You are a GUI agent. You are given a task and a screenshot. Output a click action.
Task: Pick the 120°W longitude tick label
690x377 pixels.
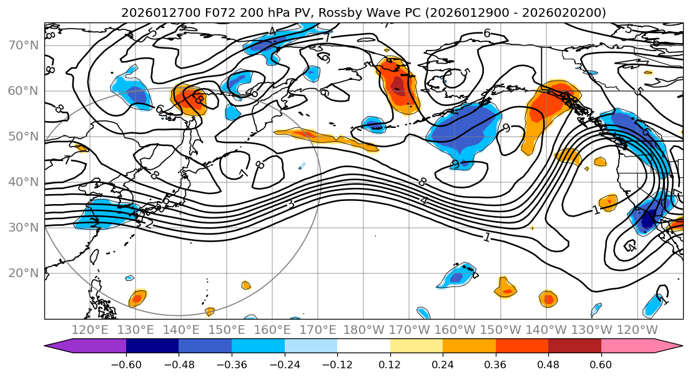(638, 330)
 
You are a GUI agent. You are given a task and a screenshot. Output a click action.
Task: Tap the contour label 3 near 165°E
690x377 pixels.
(290, 204)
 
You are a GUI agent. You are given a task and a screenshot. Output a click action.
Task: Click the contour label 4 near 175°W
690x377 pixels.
(424, 201)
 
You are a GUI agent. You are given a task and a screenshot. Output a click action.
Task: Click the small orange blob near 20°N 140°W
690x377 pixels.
(548, 299)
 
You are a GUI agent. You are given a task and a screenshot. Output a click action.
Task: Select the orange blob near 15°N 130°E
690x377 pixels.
(137, 299)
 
